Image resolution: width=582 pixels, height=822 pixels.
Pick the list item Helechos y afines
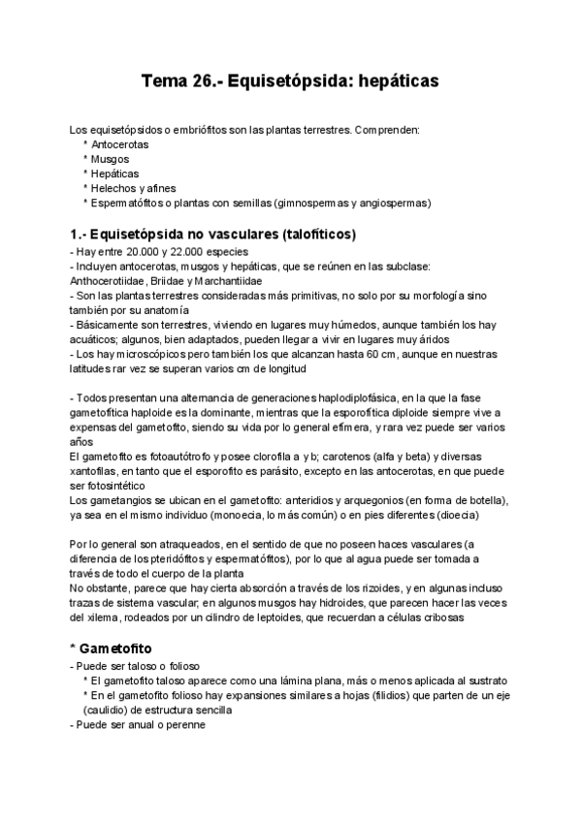tap(134, 188)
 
